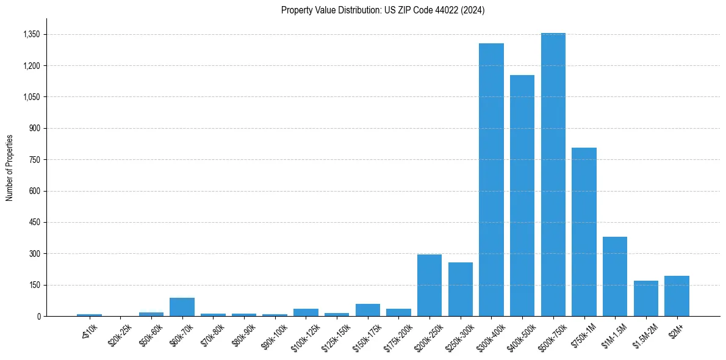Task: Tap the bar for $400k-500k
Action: pos(522,195)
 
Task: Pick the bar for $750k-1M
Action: pos(584,232)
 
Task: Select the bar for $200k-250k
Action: pos(429,286)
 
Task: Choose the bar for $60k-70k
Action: pos(182,307)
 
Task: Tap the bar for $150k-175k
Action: pos(367,310)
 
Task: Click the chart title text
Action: pos(383,10)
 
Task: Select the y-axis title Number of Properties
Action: pos(10,167)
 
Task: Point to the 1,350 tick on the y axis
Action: pos(31,34)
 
